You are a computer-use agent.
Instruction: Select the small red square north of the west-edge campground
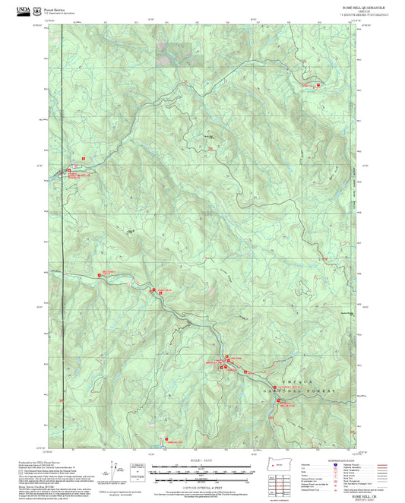point(81,158)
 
